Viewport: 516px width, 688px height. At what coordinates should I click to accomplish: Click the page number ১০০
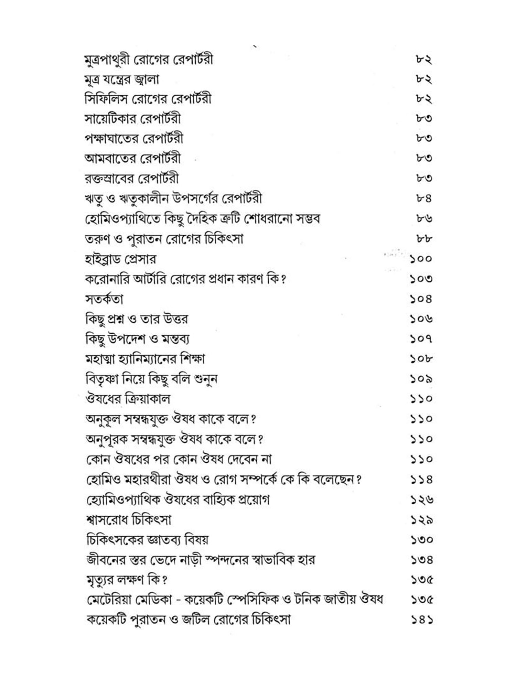pos(421,259)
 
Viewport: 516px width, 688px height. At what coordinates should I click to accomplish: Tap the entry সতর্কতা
pos(104,299)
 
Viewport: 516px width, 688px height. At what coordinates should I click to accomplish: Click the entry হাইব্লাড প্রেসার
pos(120,259)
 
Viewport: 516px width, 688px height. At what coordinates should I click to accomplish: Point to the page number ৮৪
pos(423,198)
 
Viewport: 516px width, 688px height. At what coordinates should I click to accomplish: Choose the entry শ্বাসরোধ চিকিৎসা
pos(129,520)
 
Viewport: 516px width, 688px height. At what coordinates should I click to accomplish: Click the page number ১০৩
pos(421,279)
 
